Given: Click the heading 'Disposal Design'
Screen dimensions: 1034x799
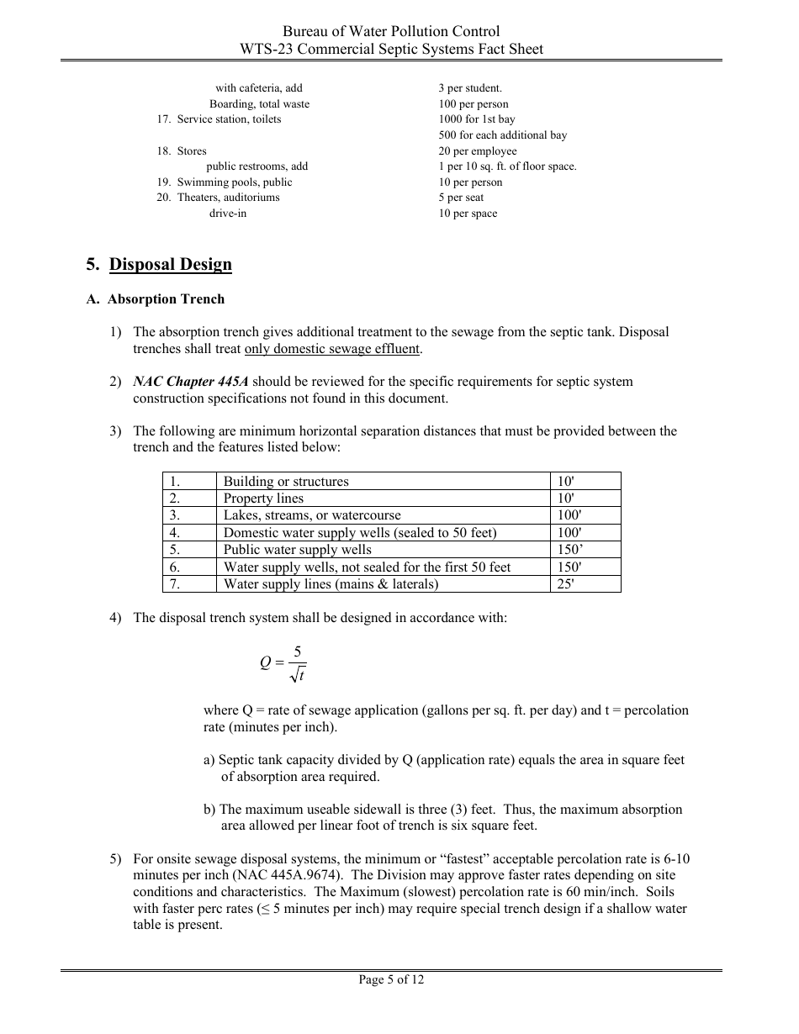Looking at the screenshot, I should (170, 265).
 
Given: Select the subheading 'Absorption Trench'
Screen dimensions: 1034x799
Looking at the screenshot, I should (166, 299).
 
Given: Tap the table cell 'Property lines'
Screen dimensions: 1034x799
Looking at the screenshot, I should (263, 499).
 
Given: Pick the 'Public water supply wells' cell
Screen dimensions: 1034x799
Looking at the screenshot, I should (297, 550).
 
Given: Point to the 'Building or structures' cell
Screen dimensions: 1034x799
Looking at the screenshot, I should (286, 482).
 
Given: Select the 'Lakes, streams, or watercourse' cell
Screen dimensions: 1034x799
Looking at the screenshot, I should (312, 515).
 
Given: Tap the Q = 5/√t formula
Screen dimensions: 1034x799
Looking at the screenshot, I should (284, 662).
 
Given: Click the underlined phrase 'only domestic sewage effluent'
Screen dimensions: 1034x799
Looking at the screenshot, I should (332, 349).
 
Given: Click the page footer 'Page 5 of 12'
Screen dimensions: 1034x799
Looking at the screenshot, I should (391, 979).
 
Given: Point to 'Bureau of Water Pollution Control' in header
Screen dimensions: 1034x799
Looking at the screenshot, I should (391, 32).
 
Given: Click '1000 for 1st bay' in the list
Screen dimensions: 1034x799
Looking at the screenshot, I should (477, 119).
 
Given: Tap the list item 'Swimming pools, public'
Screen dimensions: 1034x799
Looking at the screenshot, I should (234, 182).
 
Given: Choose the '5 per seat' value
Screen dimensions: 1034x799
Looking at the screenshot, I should (461, 198).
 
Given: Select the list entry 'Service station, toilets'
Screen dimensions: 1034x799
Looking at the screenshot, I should (229, 119).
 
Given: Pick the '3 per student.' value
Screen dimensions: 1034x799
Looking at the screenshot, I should (470, 88).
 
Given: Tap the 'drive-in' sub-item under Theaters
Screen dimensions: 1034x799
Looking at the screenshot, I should (228, 214).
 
